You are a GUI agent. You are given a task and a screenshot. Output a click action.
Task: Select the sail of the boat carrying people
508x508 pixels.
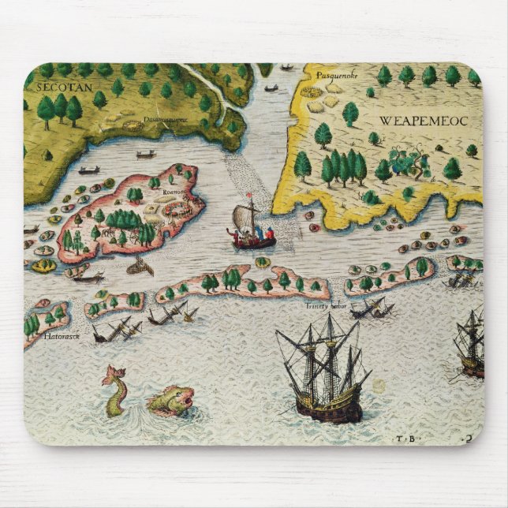point(243,215)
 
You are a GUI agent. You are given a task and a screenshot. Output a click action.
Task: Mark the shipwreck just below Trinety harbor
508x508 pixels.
point(367,310)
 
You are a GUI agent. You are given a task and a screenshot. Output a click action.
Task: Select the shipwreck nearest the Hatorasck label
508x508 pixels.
point(114,331)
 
